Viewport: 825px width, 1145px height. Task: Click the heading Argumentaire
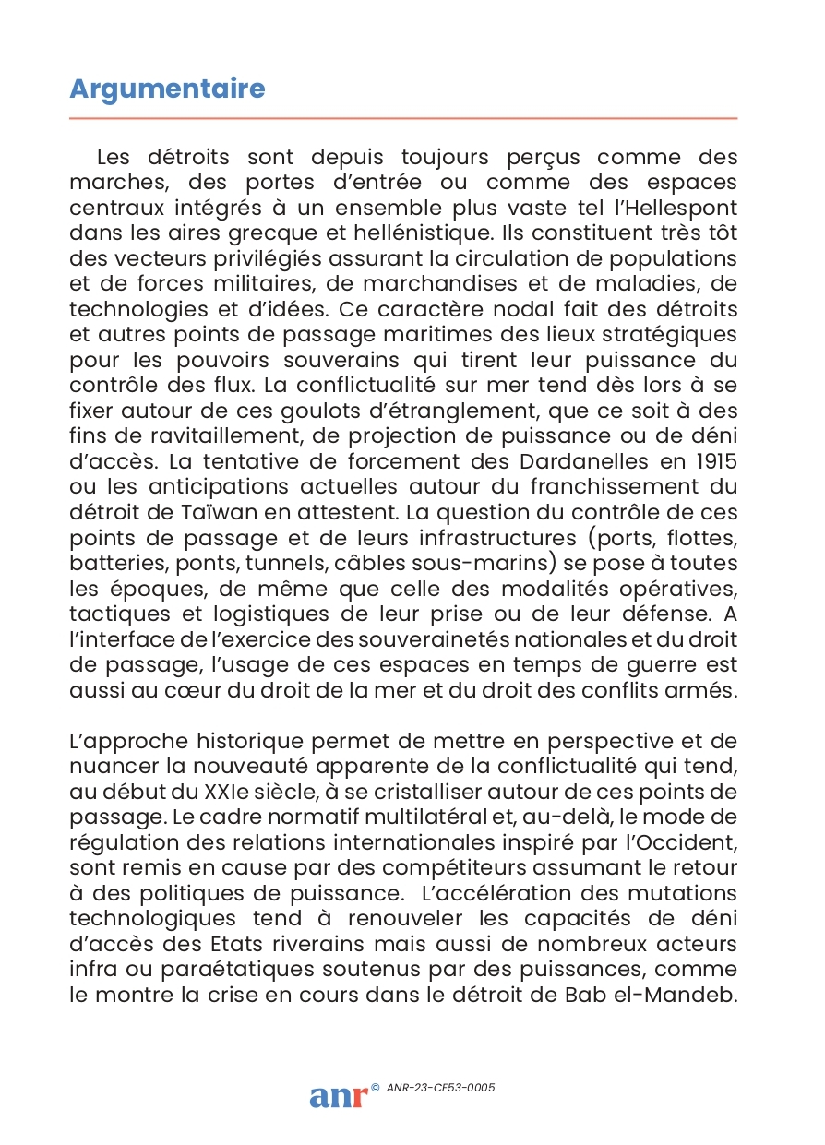click(x=167, y=89)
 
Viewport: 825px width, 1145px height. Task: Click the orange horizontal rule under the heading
click(x=403, y=118)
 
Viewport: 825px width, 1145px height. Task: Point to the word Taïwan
click(x=197, y=511)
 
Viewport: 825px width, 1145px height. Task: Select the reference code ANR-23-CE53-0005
click(x=441, y=1088)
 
